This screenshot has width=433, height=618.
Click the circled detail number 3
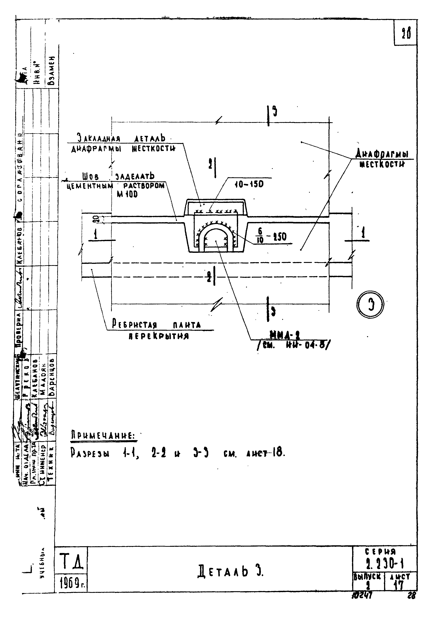[370, 304]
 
